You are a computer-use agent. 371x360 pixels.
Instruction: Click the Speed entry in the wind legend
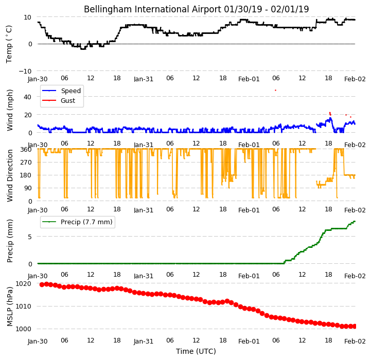70,91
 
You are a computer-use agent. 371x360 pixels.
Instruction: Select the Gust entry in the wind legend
68,100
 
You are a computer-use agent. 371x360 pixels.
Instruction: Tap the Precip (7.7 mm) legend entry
86,222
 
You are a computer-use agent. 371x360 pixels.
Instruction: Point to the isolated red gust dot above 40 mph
275,90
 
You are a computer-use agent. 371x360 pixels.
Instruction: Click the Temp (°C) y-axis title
9,44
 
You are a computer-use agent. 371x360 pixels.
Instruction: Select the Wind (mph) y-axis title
10,110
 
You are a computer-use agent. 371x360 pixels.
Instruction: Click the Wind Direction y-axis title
10,175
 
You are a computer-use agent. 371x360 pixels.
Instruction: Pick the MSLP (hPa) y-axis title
10,307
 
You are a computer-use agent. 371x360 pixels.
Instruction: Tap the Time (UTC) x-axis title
196,351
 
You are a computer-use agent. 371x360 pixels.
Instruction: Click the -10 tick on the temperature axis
25,71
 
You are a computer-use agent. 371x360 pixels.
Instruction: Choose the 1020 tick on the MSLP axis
24,283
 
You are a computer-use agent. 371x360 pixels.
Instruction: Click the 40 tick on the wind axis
27,97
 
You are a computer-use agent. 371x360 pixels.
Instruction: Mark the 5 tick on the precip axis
30,237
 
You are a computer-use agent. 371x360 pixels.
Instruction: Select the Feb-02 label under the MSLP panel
355,341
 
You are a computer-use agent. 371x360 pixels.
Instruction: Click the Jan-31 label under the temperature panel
144,79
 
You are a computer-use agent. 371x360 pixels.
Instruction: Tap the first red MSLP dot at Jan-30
42,284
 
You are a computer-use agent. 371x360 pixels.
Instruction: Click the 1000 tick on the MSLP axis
24,329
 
